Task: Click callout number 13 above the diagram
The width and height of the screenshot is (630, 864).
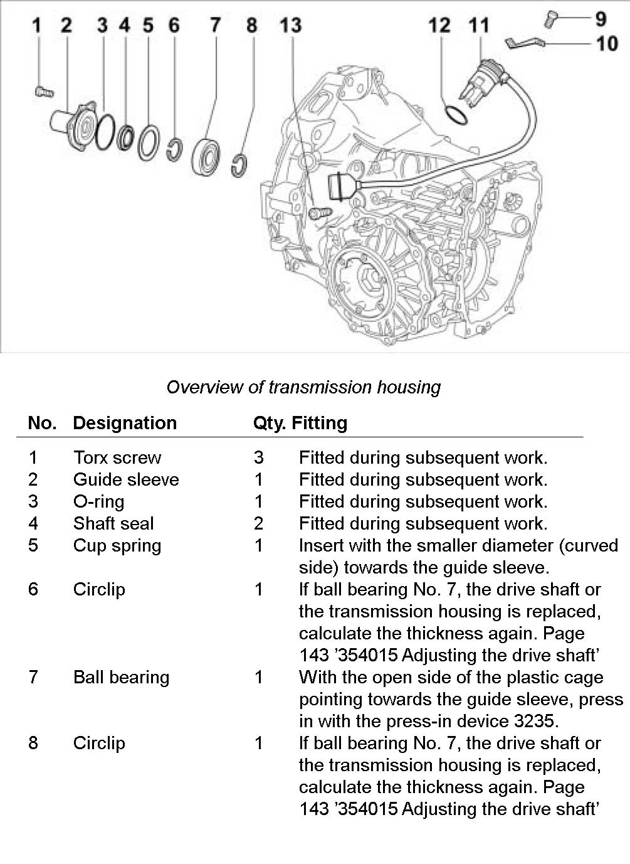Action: pos(290,25)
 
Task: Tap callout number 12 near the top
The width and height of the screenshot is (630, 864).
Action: pos(439,25)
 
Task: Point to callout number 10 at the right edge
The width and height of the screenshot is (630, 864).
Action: pos(606,43)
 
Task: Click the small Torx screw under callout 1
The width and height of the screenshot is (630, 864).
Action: pos(43,92)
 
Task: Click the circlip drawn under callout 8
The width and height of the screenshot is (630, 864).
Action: pos(239,164)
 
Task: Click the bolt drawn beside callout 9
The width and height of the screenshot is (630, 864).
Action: pos(550,19)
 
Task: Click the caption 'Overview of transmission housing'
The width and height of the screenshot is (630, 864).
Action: pos(303,387)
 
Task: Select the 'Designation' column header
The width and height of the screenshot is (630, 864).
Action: pos(125,423)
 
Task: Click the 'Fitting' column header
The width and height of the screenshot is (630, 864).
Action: pos(319,423)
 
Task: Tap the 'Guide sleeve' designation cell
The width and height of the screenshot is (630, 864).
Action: pos(126,479)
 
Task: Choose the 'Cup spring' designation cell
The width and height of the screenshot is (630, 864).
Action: pos(117,545)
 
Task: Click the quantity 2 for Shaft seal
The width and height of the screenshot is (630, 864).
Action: pos(258,523)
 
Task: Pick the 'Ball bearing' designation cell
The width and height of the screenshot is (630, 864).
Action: pos(121,677)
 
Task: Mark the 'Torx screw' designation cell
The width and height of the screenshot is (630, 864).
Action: pos(117,457)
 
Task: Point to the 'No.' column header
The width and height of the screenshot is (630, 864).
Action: pos(42,423)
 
